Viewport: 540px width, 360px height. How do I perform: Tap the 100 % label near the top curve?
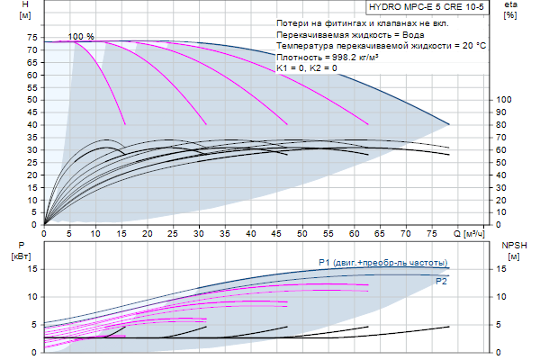pyautogui.click(x=81, y=36)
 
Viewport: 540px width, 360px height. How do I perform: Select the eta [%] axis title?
pyautogui.click(x=510, y=11)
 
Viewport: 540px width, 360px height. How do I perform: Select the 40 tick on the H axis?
pyautogui.click(x=31, y=124)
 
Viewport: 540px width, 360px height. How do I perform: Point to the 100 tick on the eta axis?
pyautogui.click(x=505, y=100)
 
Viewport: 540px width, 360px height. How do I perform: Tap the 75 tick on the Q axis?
pyautogui.click(x=430, y=235)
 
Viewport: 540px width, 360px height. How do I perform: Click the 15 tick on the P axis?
pyautogui.click(x=31, y=268)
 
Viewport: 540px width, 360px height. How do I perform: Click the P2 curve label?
pyautogui.click(x=441, y=281)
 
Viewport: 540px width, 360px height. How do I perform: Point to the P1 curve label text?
pyautogui.click(x=382, y=262)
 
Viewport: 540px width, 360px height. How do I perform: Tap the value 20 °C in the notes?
pyautogui.click(x=469, y=44)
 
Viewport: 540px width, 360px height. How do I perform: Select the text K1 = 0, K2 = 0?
pyautogui.click(x=308, y=67)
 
